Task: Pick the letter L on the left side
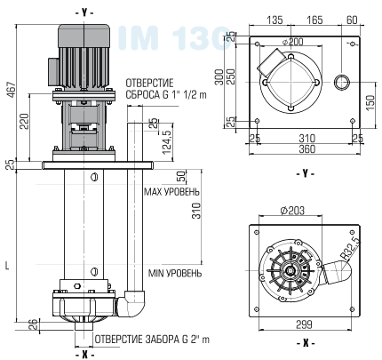point(8,264)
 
